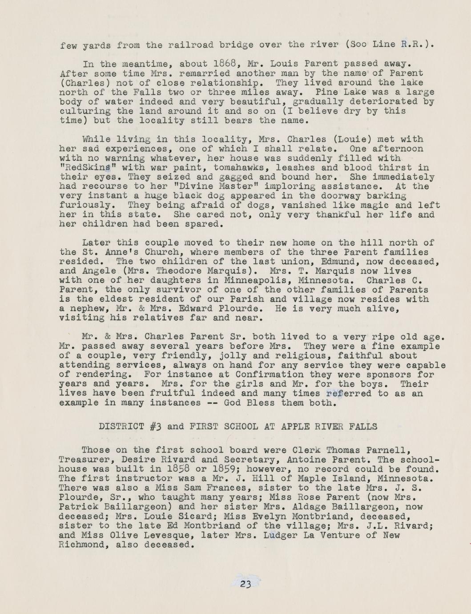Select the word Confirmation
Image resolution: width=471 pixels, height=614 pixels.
tap(270, 374)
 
